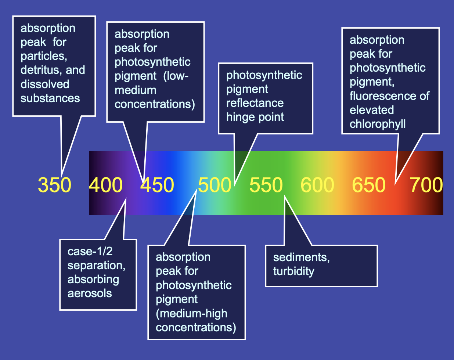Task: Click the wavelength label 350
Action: coord(54,185)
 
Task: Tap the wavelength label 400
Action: coord(106,185)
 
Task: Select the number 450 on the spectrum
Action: coord(157,185)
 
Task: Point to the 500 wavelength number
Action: coord(215,185)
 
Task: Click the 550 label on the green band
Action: coord(266,185)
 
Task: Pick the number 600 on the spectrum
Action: coord(317,185)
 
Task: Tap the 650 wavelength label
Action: coord(369,185)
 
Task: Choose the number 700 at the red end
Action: coord(426,185)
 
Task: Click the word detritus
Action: coord(40,70)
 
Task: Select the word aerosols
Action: coord(90,293)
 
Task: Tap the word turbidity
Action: coord(293,271)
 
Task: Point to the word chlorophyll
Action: coord(378,124)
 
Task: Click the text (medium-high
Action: coord(191,313)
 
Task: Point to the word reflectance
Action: coord(255,103)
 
